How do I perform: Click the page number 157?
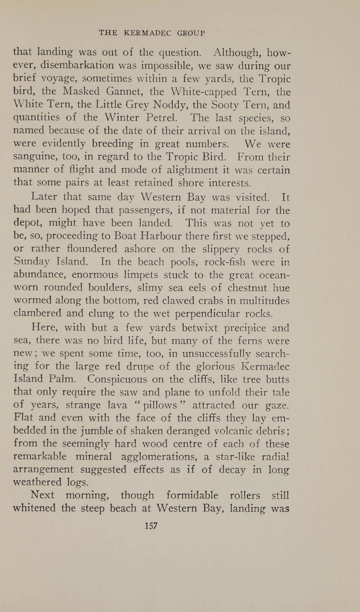tap(151, 526)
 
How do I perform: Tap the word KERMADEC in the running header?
tap(148, 32)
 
